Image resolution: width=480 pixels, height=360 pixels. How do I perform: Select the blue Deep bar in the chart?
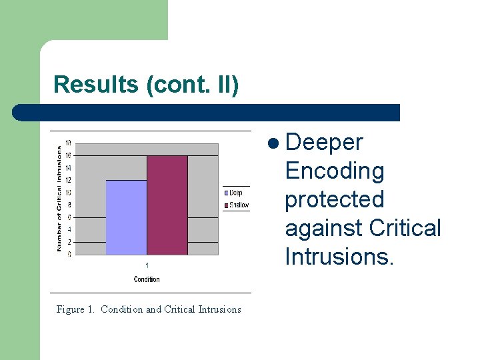126,217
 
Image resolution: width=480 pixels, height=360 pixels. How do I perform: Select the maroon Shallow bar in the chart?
167,205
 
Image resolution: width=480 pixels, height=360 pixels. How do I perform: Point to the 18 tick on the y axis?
69,143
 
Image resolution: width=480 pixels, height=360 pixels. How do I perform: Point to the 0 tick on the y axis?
70,254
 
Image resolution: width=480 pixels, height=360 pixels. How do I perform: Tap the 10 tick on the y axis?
69,193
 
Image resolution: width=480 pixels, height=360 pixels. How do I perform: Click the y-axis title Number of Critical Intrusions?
59,199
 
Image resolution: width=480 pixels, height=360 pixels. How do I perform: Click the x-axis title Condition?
147,279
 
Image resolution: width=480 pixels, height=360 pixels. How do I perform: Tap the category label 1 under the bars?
147,265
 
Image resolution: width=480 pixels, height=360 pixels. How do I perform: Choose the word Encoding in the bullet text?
335,171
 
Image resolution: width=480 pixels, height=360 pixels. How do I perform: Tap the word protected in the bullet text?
335,200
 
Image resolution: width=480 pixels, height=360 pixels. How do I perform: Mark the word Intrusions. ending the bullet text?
339,257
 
